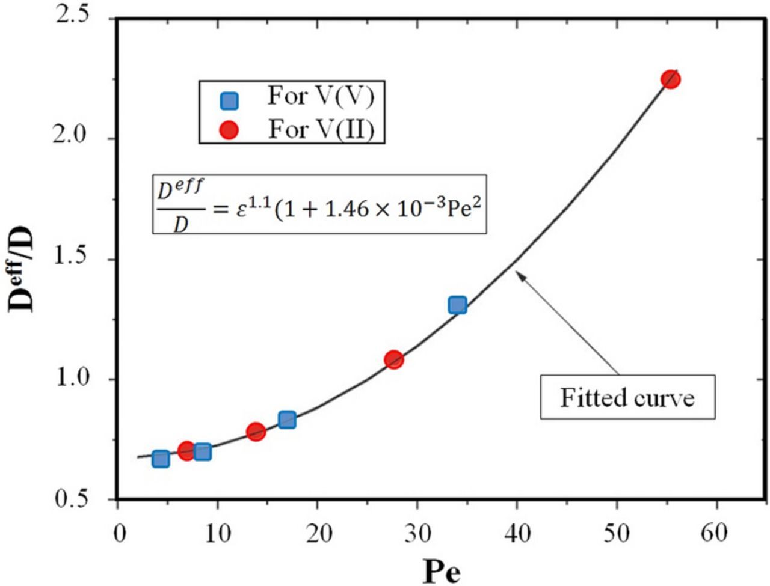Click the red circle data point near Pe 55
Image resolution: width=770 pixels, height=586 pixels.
(670, 79)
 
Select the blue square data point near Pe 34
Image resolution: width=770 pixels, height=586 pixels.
(457, 305)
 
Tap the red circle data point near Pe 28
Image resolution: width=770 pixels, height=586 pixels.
(394, 360)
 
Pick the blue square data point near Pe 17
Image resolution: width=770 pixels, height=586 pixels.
(287, 420)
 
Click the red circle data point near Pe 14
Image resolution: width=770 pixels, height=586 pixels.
(256, 432)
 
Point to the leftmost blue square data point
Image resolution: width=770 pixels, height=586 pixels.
(160, 459)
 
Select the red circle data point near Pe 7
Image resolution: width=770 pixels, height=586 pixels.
(187, 451)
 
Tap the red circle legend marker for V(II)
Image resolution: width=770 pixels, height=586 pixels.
(229, 130)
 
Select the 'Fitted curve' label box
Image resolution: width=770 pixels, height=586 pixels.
(627, 397)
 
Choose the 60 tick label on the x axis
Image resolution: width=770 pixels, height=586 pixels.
(715, 533)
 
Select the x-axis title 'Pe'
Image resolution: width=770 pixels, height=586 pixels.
(442, 570)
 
